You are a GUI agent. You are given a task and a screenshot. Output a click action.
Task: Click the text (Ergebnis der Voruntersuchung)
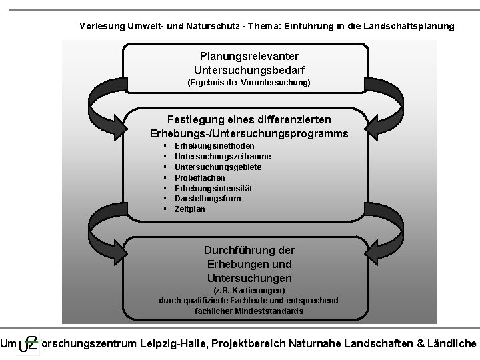[x=249, y=83]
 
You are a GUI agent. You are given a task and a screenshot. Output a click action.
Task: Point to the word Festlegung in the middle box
[x=196, y=119]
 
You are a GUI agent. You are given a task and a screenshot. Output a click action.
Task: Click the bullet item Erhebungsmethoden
[x=214, y=145]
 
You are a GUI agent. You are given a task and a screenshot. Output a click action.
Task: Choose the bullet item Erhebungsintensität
[x=213, y=188]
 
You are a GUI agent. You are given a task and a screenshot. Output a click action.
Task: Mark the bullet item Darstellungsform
[x=208, y=199]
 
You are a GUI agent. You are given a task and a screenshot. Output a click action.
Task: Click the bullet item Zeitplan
[x=190, y=209]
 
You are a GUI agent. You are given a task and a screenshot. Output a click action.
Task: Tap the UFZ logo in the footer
[x=29, y=343]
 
